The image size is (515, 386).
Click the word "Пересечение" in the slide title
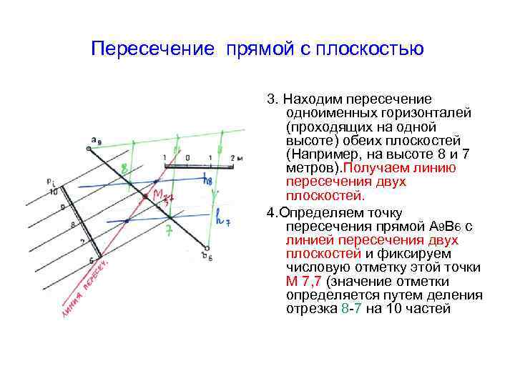(x=153, y=49)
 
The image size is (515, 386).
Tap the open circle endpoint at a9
(x=89, y=148)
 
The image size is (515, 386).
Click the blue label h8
(x=207, y=182)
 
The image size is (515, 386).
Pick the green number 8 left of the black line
(x=124, y=169)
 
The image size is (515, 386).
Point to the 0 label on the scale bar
(x=187, y=156)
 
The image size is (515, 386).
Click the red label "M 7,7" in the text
(x=300, y=282)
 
